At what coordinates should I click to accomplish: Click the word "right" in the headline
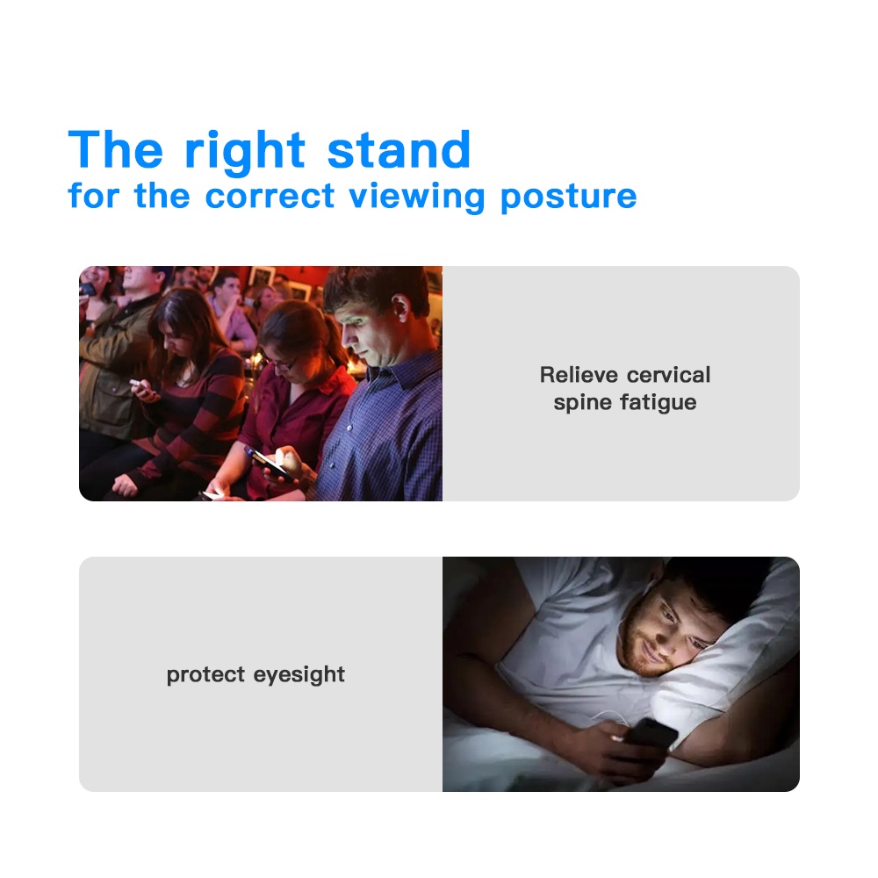[245, 152]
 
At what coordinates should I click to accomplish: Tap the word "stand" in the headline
[399, 149]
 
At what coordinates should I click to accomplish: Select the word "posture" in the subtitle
[568, 198]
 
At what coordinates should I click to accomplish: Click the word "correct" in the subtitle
[270, 197]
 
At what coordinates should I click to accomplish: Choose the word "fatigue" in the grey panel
[658, 403]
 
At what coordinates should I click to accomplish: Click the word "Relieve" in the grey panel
[579, 375]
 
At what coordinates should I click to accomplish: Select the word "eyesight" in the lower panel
[299, 675]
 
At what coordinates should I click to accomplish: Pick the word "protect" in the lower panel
[205, 675]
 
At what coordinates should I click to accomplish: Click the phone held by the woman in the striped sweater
[139, 385]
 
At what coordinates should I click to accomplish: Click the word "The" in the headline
[116, 149]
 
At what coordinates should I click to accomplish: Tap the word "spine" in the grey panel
[582, 403]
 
